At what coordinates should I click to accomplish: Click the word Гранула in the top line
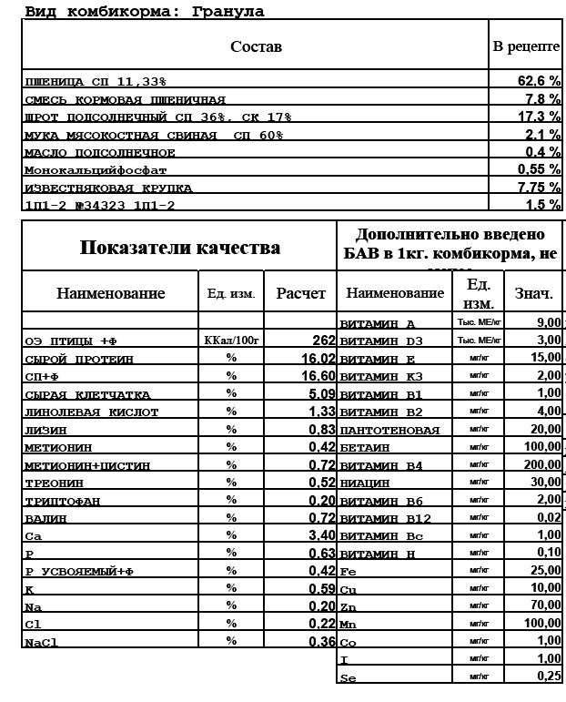point(228,11)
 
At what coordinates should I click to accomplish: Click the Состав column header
point(256,46)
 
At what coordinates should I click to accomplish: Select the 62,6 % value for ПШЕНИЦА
point(539,80)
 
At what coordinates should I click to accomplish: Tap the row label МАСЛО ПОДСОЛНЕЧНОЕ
point(101,152)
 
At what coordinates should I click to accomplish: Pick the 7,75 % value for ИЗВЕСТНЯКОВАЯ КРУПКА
point(539,187)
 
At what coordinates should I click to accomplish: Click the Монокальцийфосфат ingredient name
point(96,169)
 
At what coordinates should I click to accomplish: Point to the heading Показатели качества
point(179,247)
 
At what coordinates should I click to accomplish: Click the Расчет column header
point(301,293)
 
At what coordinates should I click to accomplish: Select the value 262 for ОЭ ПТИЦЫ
point(323,341)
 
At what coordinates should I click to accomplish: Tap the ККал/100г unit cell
point(231,341)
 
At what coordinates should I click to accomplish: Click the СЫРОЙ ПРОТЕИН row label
point(79,359)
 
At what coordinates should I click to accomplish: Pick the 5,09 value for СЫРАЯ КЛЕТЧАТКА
point(320,394)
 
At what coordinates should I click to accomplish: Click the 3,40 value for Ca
point(320,535)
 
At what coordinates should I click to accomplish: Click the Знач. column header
point(533,293)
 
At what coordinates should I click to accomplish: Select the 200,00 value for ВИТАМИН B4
point(542,464)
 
